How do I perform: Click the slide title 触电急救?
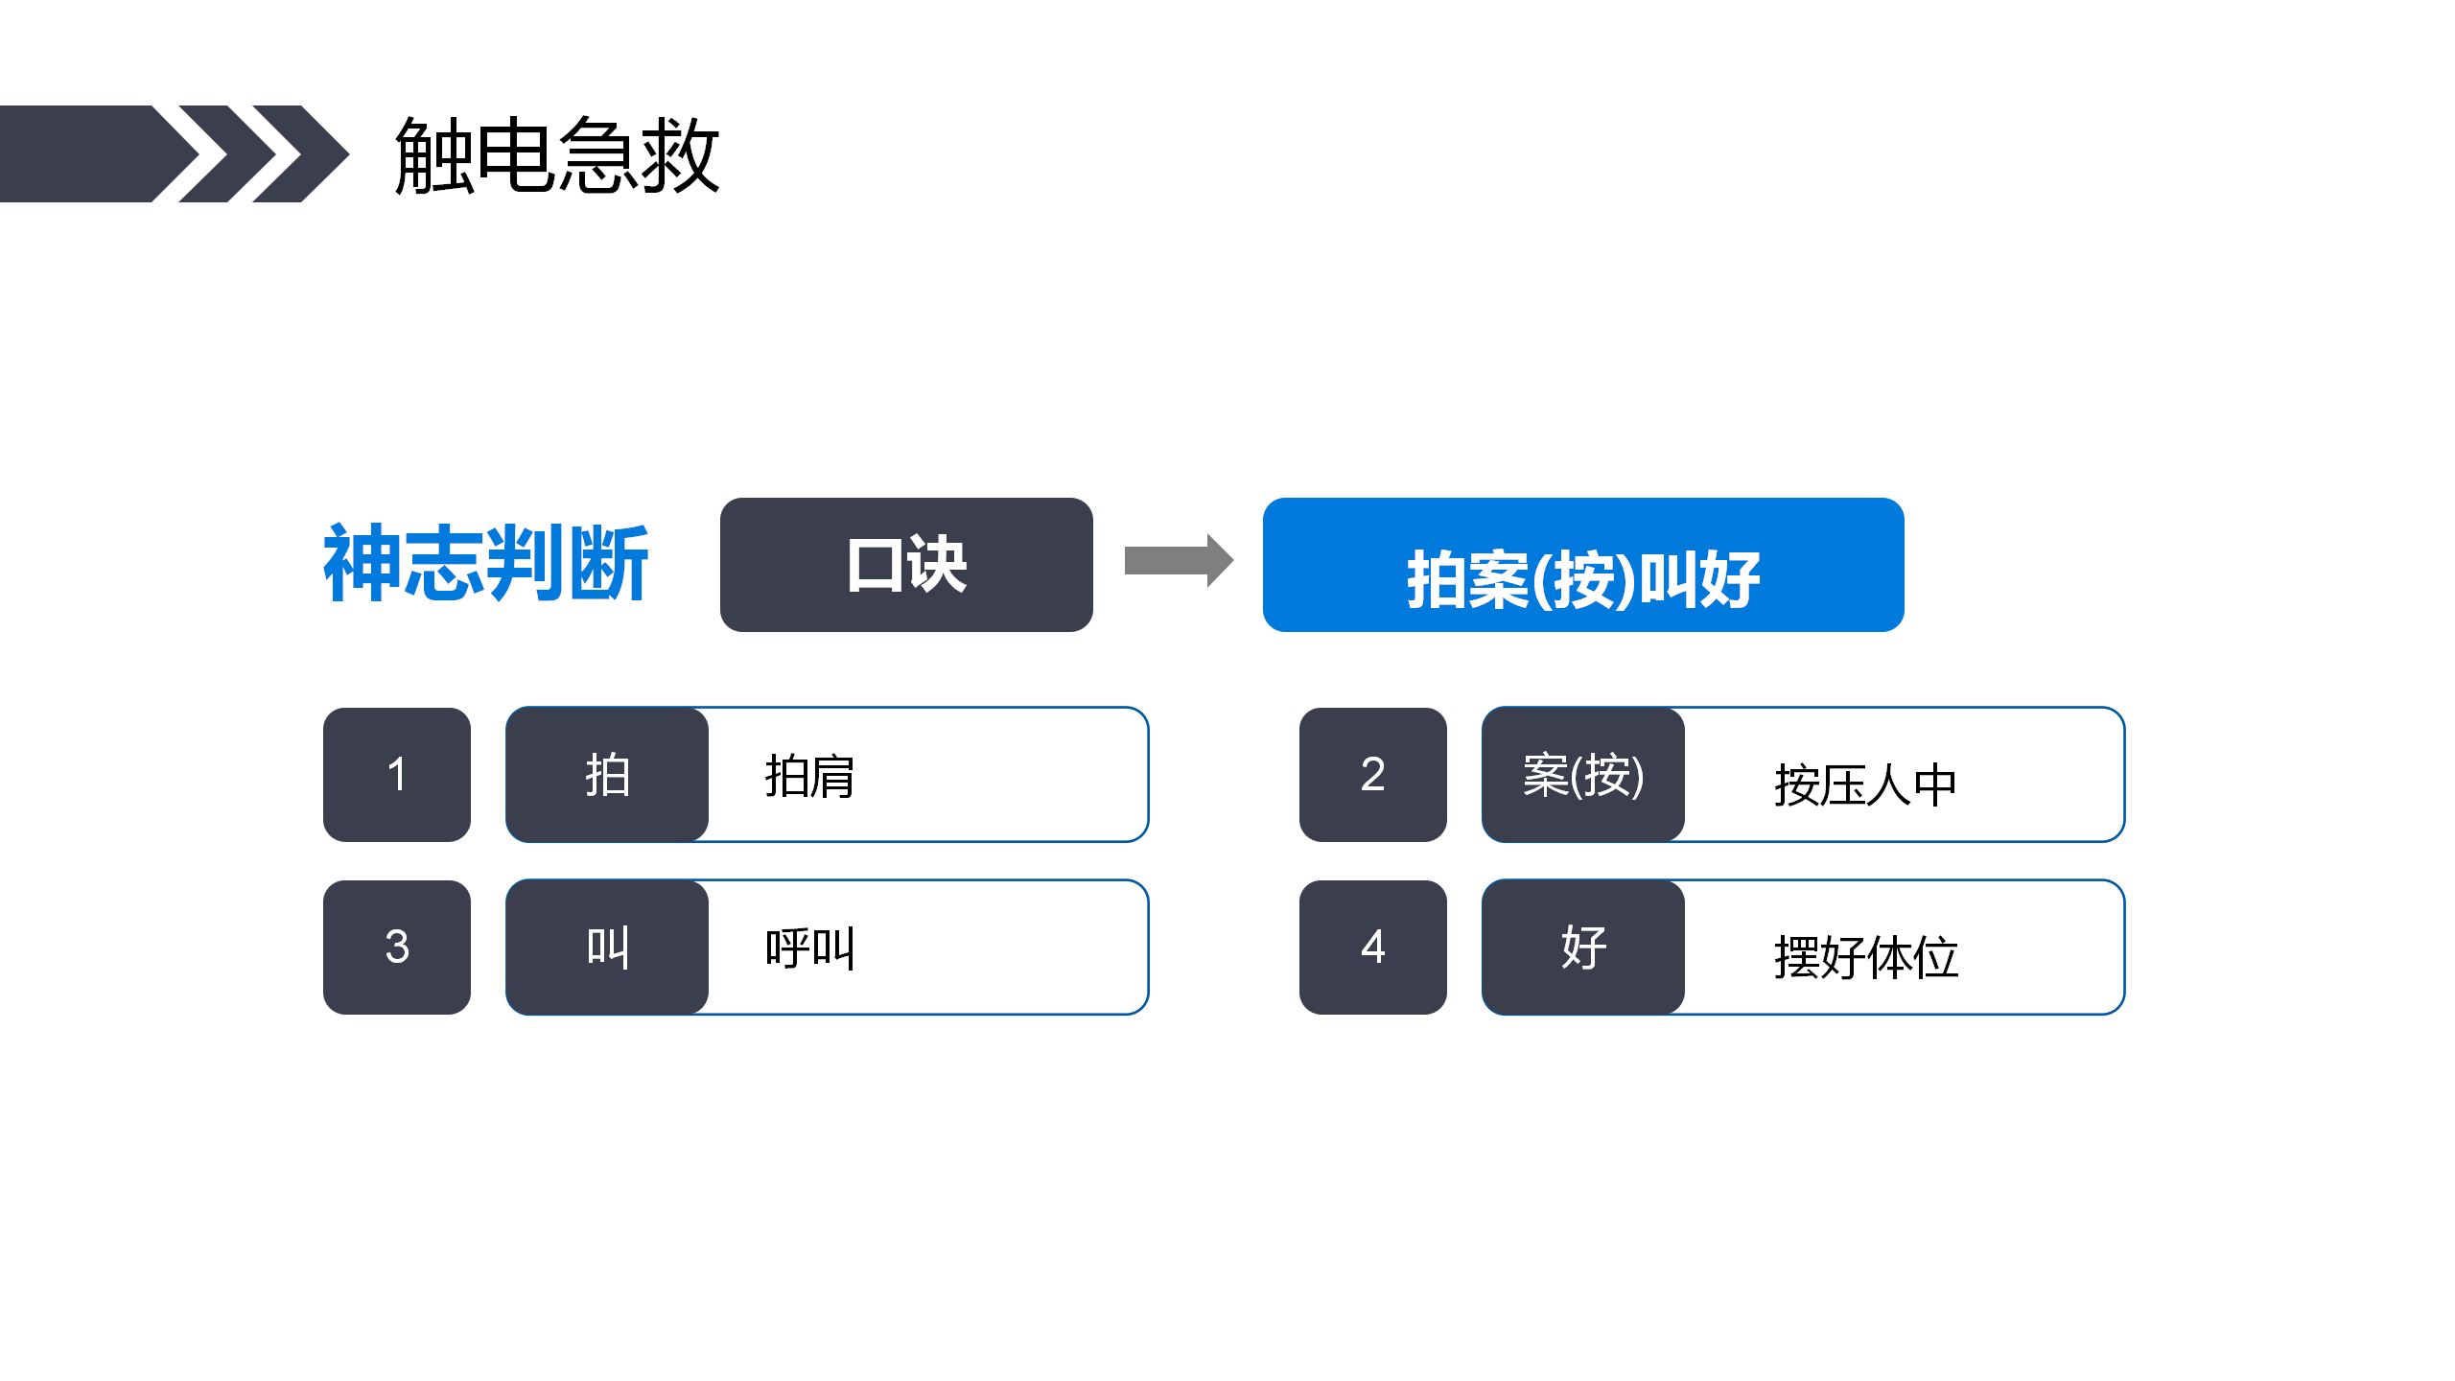(x=557, y=155)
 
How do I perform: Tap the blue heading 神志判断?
(x=486, y=564)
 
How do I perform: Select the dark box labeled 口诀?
(x=906, y=565)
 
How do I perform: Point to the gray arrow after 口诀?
(x=1179, y=560)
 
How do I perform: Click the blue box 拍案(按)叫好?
(x=1583, y=565)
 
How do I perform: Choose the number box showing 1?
(x=397, y=775)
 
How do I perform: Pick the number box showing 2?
(x=1373, y=775)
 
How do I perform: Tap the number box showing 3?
(x=397, y=948)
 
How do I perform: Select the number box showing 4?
(x=1373, y=948)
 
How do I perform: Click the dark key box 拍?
(x=607, y=775)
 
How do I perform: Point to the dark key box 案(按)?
(x=1583, y=775)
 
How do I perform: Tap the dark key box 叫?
(x=607, y=948)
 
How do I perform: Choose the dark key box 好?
(x=1583, y=948)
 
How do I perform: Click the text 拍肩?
(x=810, y=776)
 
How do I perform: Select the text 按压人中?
(x=1865, y=785)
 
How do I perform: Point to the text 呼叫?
(x=810, y=948)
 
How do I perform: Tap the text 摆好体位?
(x=1865, y=958)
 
